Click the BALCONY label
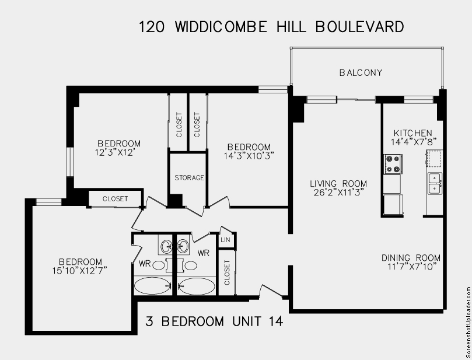361,73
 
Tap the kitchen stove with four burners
393,164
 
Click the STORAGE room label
190,178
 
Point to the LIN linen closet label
225,240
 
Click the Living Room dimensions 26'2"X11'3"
338,193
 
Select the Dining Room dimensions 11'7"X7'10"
411,267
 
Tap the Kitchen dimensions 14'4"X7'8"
414,142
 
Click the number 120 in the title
152,27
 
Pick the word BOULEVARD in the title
360,27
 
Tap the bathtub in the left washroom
152,286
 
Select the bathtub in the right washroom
196,286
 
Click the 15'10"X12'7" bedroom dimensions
80,270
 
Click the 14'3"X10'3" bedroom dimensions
249,156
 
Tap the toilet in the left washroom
158,265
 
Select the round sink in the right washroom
183,247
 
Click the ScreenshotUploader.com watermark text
468,322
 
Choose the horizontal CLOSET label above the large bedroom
116,198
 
